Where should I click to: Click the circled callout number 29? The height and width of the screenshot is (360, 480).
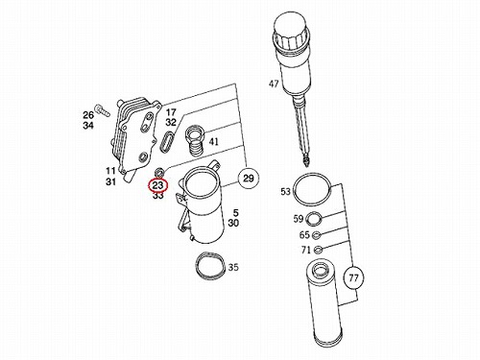pos(249,178)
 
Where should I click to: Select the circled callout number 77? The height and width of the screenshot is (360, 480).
pos(353,278)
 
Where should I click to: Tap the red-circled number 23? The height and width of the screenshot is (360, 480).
pos(157,185)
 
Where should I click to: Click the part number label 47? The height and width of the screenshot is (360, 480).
pos(274,84)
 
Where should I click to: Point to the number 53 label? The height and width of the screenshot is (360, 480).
pos(286,191)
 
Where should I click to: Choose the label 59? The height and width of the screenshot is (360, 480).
pos(299,219)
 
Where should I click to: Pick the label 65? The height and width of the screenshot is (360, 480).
pos(304,235)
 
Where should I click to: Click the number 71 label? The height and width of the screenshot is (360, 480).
pos(306,250)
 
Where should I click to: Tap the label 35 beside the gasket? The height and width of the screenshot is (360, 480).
pos(233,267)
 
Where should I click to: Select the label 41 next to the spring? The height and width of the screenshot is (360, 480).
pos(214,141)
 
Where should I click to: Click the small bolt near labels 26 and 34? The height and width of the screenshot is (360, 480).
pos(102,109)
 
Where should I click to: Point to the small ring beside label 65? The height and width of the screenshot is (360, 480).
pos(317,235)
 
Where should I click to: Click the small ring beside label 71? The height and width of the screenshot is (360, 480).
pos(319,250)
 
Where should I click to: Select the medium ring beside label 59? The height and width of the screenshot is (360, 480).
pos(314,219)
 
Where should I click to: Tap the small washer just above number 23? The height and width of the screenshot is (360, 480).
pos(159,172)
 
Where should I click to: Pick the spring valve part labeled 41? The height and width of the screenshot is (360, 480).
pos(195,141)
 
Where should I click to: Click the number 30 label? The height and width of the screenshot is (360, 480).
pos(233,223)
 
